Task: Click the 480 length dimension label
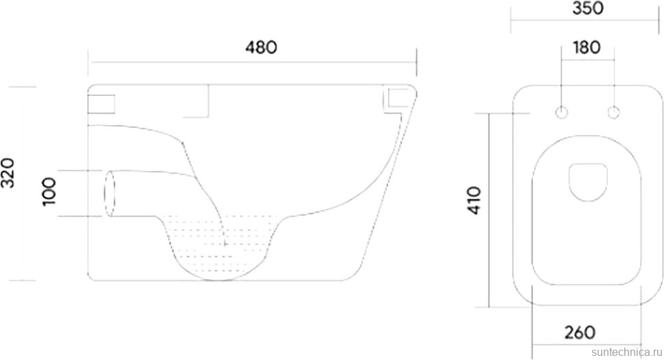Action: tap(261, 47)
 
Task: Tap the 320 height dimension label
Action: tap(8, 172)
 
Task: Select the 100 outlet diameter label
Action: tap(49, 192)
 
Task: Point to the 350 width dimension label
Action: tap(588, 8)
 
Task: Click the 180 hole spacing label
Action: tap(587, 47)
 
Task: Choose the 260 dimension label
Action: tap(580, 333)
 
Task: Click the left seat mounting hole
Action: tap(561, 113)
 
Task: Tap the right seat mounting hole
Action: tap(613, 113)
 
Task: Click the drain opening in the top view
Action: tap(588, 181)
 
